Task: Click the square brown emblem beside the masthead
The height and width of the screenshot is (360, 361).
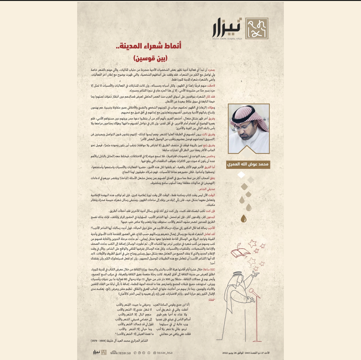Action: (x=257, y=28)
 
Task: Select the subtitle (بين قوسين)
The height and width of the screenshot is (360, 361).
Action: (x=151, y=58)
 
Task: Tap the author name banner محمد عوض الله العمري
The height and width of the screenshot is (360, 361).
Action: (x=248, y=165)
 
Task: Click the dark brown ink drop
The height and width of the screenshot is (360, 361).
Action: (x=244, y=219)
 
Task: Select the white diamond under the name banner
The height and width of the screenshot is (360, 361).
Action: (x=241, y=175)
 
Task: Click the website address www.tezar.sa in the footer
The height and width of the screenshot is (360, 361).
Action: (x=120, y=353)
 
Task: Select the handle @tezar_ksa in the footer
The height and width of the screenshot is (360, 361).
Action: (x=163, y=353)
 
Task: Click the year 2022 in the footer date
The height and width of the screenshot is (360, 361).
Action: (x=225, y=353)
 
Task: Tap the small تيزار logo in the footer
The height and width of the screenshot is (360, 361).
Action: (x=100, y=352)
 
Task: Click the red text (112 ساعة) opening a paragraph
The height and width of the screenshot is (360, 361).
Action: (x=210, y=269)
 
